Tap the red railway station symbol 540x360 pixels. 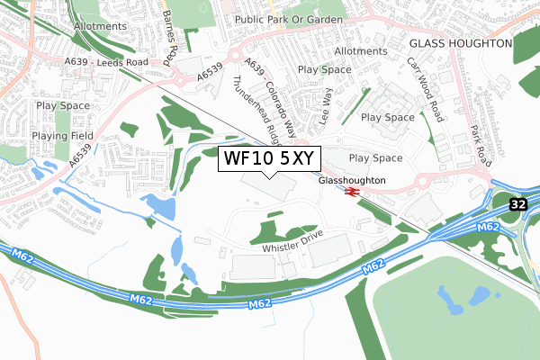coord(352,192)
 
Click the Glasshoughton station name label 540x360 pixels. coord(352,180)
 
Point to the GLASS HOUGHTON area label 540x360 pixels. coord(460,43)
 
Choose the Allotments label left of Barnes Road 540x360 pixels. coord(100,26)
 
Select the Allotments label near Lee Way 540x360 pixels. coord(360,52)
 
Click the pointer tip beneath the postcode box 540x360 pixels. coord(267,177)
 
